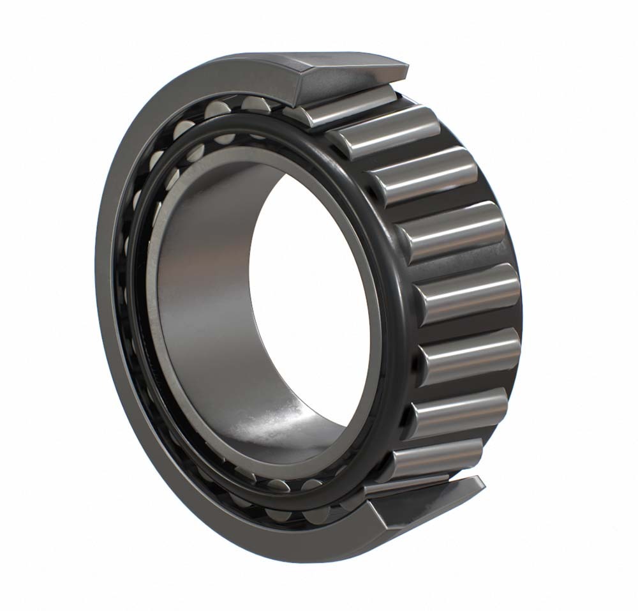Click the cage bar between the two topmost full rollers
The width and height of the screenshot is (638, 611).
coord(408,153)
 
